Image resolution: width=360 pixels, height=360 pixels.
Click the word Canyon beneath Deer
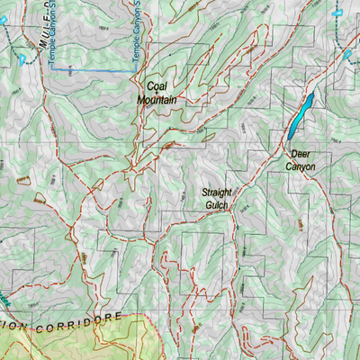tap(301, 166)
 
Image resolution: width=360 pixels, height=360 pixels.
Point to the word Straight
tap(217, 193)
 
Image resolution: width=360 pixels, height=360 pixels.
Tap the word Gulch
tap(217, 205)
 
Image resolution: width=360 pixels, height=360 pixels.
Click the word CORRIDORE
tap(85, 322)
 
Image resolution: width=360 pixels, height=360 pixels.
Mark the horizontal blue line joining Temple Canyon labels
tap(90, 69)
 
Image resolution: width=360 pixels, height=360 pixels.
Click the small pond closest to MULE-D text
tap(21, 59)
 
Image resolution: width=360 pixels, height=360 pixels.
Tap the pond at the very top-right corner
tap(337, 12)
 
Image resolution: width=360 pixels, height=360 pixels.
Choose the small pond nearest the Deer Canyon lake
tap(347, 55)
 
